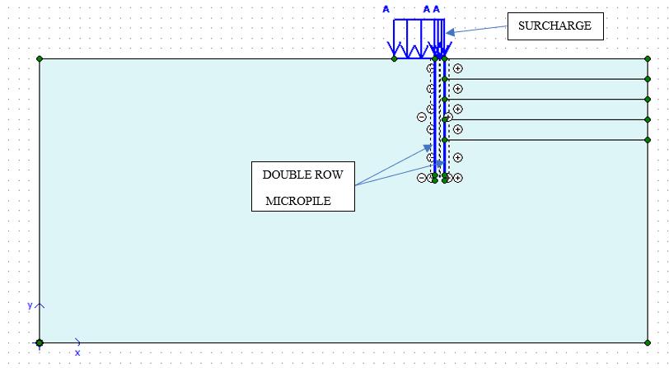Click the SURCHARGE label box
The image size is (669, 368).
click(x=554, y=26)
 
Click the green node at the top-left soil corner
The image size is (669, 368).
click(x=40, y=58)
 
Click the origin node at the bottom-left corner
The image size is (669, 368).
click(x=40, y=342)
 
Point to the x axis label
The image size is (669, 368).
click(x=77, y=352)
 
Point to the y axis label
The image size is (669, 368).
click(x=30, y=305)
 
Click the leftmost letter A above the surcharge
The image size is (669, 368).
click(x=386, y=9)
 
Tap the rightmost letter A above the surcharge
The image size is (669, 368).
click(x=437, y=9)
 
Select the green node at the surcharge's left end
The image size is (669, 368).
click(x=394, y=58)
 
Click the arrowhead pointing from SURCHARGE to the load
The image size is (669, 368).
click(x=450, y=32)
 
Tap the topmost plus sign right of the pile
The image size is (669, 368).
click(x=458, y=68)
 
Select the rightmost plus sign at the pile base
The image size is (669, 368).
click(x=458, y=177)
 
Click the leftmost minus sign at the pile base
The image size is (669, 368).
click(x=422, y=177)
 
